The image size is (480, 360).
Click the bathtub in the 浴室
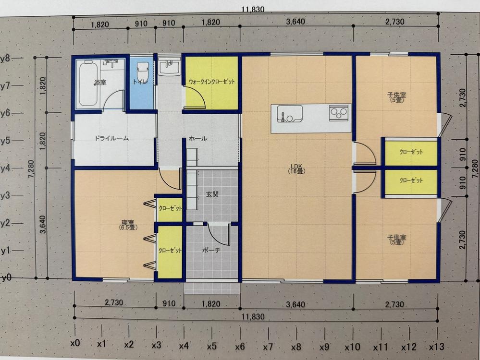[x=89, y=84]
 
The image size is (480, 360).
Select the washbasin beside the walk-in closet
[x=169, y=67]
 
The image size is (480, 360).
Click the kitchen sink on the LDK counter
[x=290, y=114]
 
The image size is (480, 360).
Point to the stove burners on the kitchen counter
[x=339, y=112]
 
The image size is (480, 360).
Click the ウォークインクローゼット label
[x=212, y=82]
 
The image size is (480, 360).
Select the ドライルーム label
[x=111, y=138]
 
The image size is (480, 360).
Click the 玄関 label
[x=212, y=194]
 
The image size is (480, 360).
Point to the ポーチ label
[x=211, y=250]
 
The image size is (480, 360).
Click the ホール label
[x=198, y=139]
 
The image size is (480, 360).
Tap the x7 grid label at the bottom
[x=268, y=347]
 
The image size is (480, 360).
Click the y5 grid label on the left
[x=6, y=141]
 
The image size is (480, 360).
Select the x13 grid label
[x=436, y=347]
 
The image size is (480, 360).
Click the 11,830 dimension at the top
[x=253, y=9]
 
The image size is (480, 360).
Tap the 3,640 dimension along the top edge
[x=295, y=22]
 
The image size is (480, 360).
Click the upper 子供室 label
[x=397, y=97]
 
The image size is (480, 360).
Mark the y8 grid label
[x=6, y=58]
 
